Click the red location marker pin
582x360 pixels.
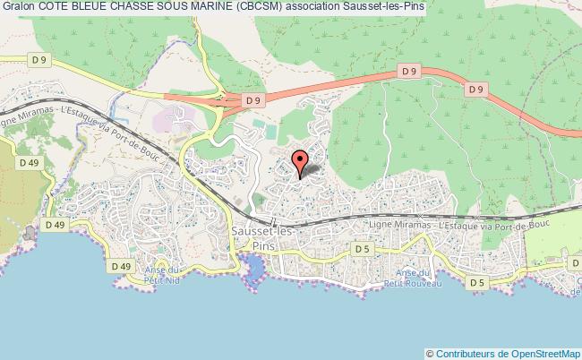pyautogui.click(x=299, y=162)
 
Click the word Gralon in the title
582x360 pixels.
pyautogui.click(x=19, y=7)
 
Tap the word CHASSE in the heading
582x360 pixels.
pyautogui.click(x=136, y=7)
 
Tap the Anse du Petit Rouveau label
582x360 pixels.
pyautogui.click(x=419, y=277)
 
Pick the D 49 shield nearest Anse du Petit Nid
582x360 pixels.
pyautogui.click(x=121, y=266)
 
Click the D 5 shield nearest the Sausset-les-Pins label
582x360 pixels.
pyautogui.click(x=362, y=248)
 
